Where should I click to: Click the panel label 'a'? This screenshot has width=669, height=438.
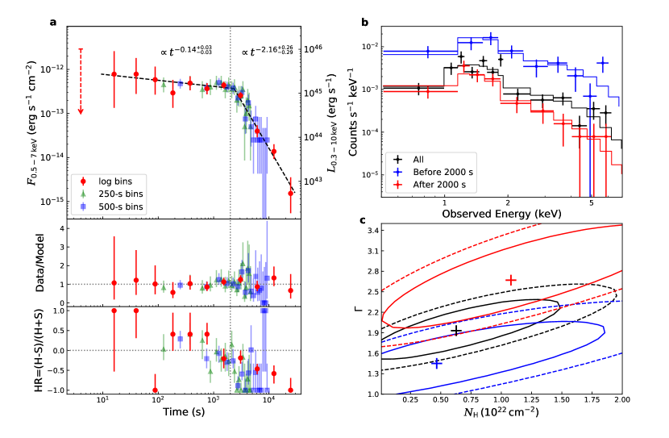[52, 22]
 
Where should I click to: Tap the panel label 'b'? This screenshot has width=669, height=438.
[365, 22]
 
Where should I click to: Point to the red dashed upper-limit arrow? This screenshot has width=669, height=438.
[81, 81]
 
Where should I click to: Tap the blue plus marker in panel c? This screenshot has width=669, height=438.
[436, 364]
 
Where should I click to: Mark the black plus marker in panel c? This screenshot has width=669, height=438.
[456, 331]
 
